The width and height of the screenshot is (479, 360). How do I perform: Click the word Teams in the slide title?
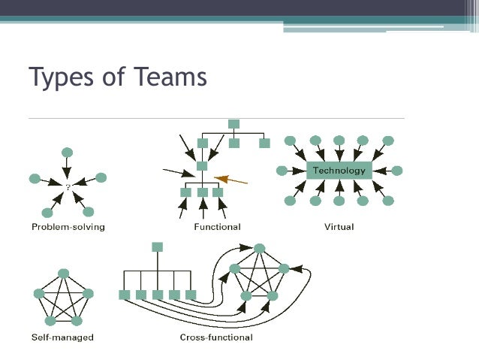(x=170, y=77)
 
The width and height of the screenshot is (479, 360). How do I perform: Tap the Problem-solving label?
(x=68, y=226)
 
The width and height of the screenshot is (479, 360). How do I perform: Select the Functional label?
(x=217, y=226)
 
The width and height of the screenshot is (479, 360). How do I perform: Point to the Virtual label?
(x=339, y=226)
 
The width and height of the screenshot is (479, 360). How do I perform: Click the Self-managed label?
(x=63, y=337)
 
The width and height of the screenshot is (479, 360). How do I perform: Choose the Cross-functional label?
(x=216, y=337)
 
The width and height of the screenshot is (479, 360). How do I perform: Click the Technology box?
(x=339, y=171)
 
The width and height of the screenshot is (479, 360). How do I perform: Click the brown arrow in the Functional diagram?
(x=231, y=178)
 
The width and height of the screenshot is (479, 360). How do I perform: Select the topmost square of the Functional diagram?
(x=233, y=123)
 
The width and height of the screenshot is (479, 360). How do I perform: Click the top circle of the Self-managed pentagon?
(x=64, y=273)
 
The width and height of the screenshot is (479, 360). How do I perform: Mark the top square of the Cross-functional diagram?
(x=157, y=247)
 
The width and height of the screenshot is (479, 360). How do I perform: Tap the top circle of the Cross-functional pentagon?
(x=259, y=248)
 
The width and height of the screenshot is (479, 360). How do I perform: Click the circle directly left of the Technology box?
(x=282, y=171)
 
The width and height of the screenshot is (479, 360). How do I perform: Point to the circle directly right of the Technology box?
(x=397, y=171)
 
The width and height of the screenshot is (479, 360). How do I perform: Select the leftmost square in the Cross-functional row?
(x=125, y=295)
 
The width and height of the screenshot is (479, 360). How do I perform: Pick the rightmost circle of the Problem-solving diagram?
(x=101, y=178)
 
